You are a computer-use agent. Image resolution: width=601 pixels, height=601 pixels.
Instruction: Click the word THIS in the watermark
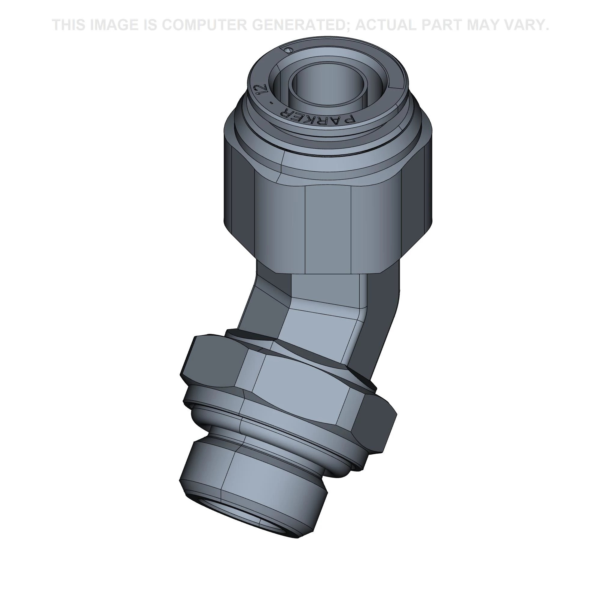click(69, 25)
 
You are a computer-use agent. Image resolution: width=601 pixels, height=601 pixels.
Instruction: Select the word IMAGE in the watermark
click(114, 25)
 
